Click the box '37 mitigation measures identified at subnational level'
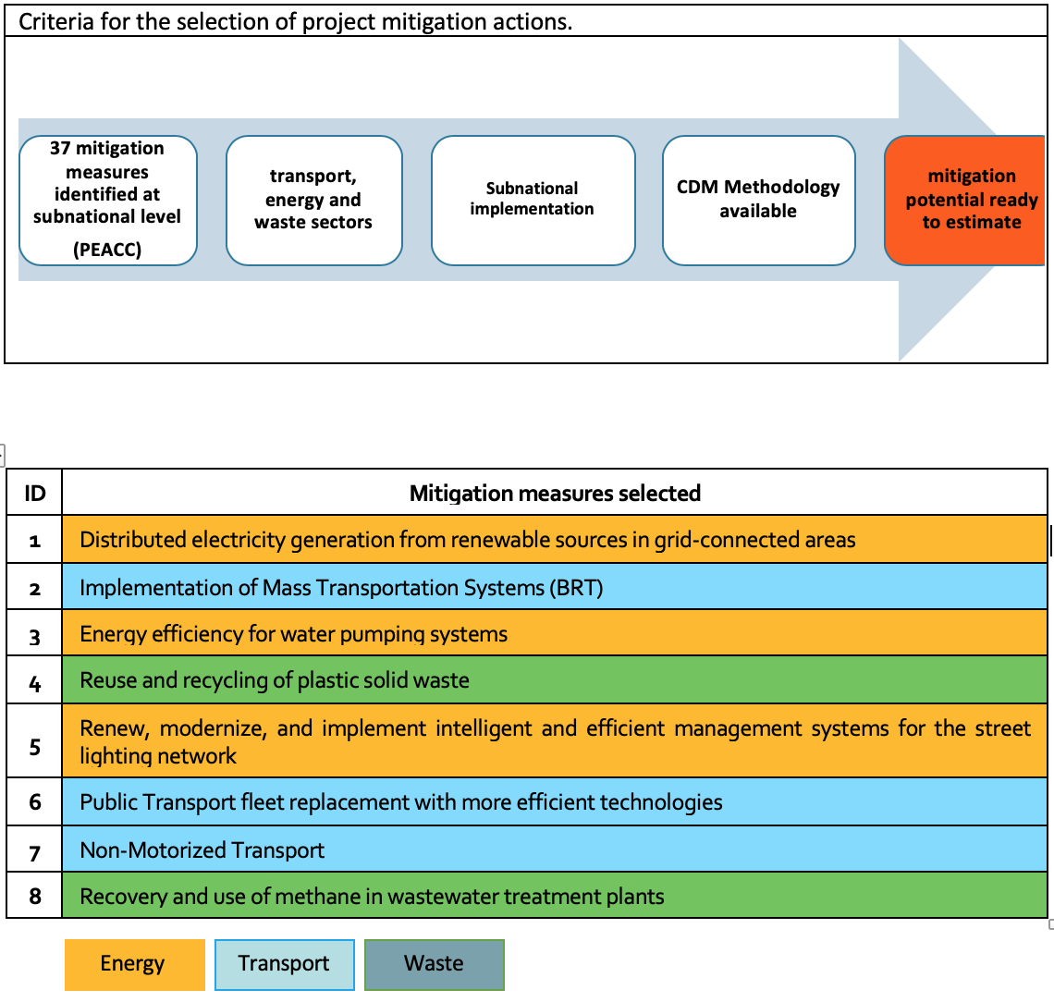click(107, 201)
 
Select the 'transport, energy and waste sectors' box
click(314, 201)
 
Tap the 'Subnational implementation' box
click(533, 201)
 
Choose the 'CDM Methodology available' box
click(758, 201)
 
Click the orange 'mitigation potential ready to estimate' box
click(965, 201)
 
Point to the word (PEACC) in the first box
click(107, 250)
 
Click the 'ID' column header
click(34, 493)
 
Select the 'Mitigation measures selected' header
click(555, 493)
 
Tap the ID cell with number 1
click(34, 540)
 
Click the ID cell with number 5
click(34, 741)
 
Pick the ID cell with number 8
click(34, 896)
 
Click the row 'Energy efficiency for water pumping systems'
click(555, 633)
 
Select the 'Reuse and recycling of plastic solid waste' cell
click(555, 680)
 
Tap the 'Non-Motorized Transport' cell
click(555, 849)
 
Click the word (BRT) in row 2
click(576, 588)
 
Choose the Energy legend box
click(134, 964)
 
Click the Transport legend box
click(285, 964)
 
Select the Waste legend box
click(435, 964)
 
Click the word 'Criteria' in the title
click(56, 21)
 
